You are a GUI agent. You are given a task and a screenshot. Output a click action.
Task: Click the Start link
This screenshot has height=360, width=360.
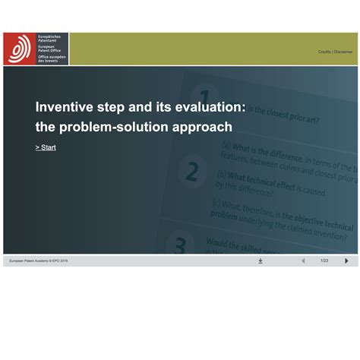click(x=46, y=147)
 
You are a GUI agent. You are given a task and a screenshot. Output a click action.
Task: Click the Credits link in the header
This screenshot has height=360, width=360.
click(x=324, y=52)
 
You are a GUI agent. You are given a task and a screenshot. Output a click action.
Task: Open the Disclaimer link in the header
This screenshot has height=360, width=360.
click(x=343, y=52)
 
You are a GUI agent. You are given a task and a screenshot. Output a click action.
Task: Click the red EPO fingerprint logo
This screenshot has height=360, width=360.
click(x=18, y=49)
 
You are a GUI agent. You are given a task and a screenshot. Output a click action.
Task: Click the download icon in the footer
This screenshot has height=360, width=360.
click(x=261, y=261)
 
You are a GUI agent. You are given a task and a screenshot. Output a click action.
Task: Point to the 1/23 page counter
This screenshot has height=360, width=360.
click(x=324, y=261)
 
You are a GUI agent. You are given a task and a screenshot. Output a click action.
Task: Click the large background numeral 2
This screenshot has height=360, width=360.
click(x=192, y=172)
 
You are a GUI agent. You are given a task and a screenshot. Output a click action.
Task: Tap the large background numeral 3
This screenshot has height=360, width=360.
click(x=181, y=245)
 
